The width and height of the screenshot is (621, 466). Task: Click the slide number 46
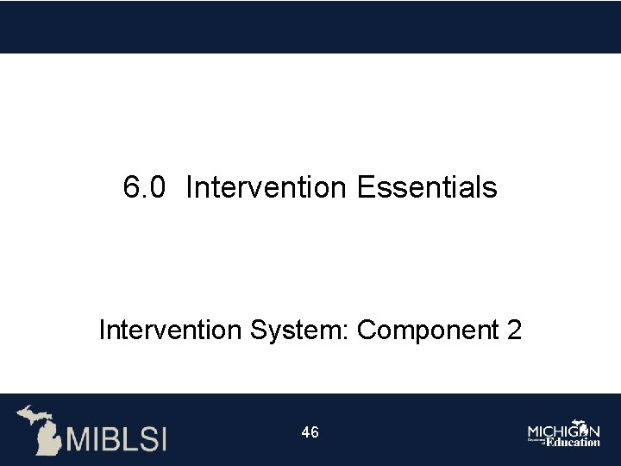(310, 432)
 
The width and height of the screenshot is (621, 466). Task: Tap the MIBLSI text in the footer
(117, 437)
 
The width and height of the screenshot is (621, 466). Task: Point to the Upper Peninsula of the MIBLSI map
(32, 413)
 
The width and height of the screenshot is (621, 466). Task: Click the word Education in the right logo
(572, 442)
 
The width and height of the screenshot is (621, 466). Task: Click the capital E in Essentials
(363, 186)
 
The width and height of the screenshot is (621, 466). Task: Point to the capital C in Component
(366, 330)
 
